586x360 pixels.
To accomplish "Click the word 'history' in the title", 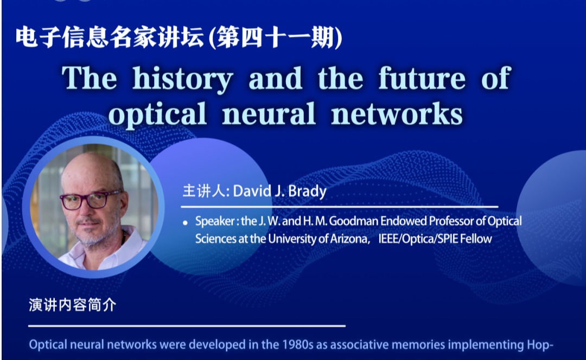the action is click(183, 80).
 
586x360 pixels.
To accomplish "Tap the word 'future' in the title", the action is click(422, 79).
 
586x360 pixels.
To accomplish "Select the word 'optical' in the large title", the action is click(157, 114).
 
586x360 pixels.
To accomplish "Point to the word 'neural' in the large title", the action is click(269, 113).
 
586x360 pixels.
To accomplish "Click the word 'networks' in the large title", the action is click(397, 113).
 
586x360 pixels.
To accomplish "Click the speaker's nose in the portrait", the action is click(85, 211).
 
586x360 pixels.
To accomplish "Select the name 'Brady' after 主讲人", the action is click(307, 191).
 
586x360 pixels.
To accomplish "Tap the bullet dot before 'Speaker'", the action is click(185, 223).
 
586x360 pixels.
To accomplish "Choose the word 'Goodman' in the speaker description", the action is click(354, 221).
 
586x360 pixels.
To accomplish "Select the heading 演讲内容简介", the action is click(73, 305).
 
